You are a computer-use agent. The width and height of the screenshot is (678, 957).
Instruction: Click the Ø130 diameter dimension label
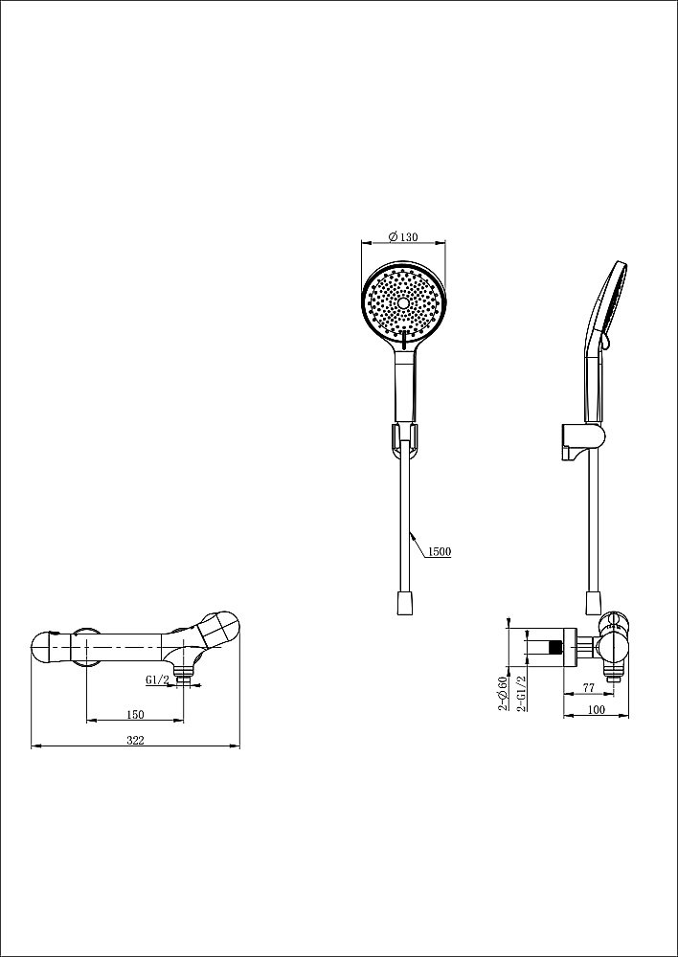pos(403,236)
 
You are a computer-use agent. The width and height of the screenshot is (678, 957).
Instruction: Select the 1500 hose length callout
pos(440,552)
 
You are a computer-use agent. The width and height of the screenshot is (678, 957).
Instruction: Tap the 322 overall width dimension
pos(135,741)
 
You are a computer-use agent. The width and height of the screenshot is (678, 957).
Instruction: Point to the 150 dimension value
pos(135,715)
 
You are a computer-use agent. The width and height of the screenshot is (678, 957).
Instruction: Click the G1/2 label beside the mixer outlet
pos(157,679)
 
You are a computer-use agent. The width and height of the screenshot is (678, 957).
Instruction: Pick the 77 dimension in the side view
pos(589,687)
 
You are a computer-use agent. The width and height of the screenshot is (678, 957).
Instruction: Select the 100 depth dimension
pos(596,709)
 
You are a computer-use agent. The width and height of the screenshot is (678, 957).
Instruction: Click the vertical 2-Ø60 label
pos(504,693)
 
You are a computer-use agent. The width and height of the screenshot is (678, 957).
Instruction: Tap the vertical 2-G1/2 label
pos(522,693)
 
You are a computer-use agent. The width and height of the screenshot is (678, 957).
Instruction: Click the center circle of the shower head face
pos(403,303)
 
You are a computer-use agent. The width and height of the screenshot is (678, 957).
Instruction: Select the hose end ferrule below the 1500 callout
pos(403,602)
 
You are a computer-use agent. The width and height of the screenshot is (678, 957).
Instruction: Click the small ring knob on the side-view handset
pos(604,344)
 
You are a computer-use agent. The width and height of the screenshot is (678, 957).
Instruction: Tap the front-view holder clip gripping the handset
pos(404,438)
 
